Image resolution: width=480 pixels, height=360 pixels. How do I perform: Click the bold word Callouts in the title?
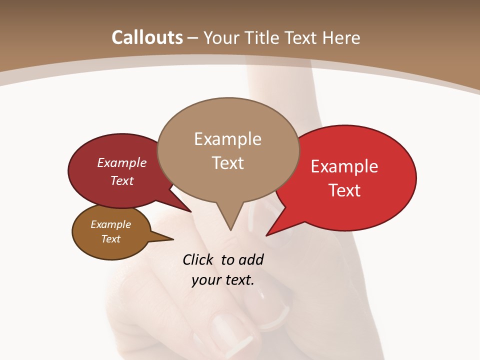point(147,37)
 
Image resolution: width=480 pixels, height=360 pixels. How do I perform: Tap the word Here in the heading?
point(341,37)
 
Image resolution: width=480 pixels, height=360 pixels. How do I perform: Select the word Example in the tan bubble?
point(227,139)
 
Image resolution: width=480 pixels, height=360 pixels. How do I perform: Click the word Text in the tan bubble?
point(227,163)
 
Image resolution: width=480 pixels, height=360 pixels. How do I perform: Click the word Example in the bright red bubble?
point(344,166)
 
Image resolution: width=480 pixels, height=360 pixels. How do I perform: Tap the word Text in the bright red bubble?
point(345,190)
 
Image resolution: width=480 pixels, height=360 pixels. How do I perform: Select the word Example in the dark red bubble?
point(122,162)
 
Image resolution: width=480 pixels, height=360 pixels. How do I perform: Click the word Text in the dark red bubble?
point(122,180)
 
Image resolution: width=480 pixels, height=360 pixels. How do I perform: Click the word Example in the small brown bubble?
point(111,224)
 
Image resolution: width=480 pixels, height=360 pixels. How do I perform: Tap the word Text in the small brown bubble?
point(111,239)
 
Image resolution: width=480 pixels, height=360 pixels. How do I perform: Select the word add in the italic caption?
point(251,260)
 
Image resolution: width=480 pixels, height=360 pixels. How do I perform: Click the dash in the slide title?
point(193,38)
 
